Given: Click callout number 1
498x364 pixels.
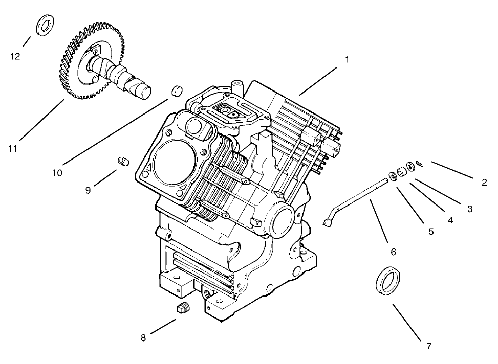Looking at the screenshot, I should pyautogui.click(x=347, y=59).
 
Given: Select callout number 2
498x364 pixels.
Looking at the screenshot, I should pyautogui.click(x=484, y=182).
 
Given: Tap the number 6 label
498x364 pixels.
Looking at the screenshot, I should pyautogui.click(x=393, y=252).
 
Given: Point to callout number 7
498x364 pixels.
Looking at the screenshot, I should pyautogui.click(x=429, y=346).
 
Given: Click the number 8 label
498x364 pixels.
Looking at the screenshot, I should pyautogui.click(x=143, y=337).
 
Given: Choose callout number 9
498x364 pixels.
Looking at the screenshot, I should pyautogui.click(x=88, y=190).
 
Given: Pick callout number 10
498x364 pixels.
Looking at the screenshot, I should pyautogui.click(x=57, y=173).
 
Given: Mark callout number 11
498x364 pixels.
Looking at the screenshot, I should pyautogui.click(x=13, y=148).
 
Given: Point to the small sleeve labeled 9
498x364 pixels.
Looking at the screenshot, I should pyautogui.click(x=122, y=161).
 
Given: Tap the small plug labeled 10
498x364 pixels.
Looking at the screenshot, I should pyautogui.click(x=177, y=90).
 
